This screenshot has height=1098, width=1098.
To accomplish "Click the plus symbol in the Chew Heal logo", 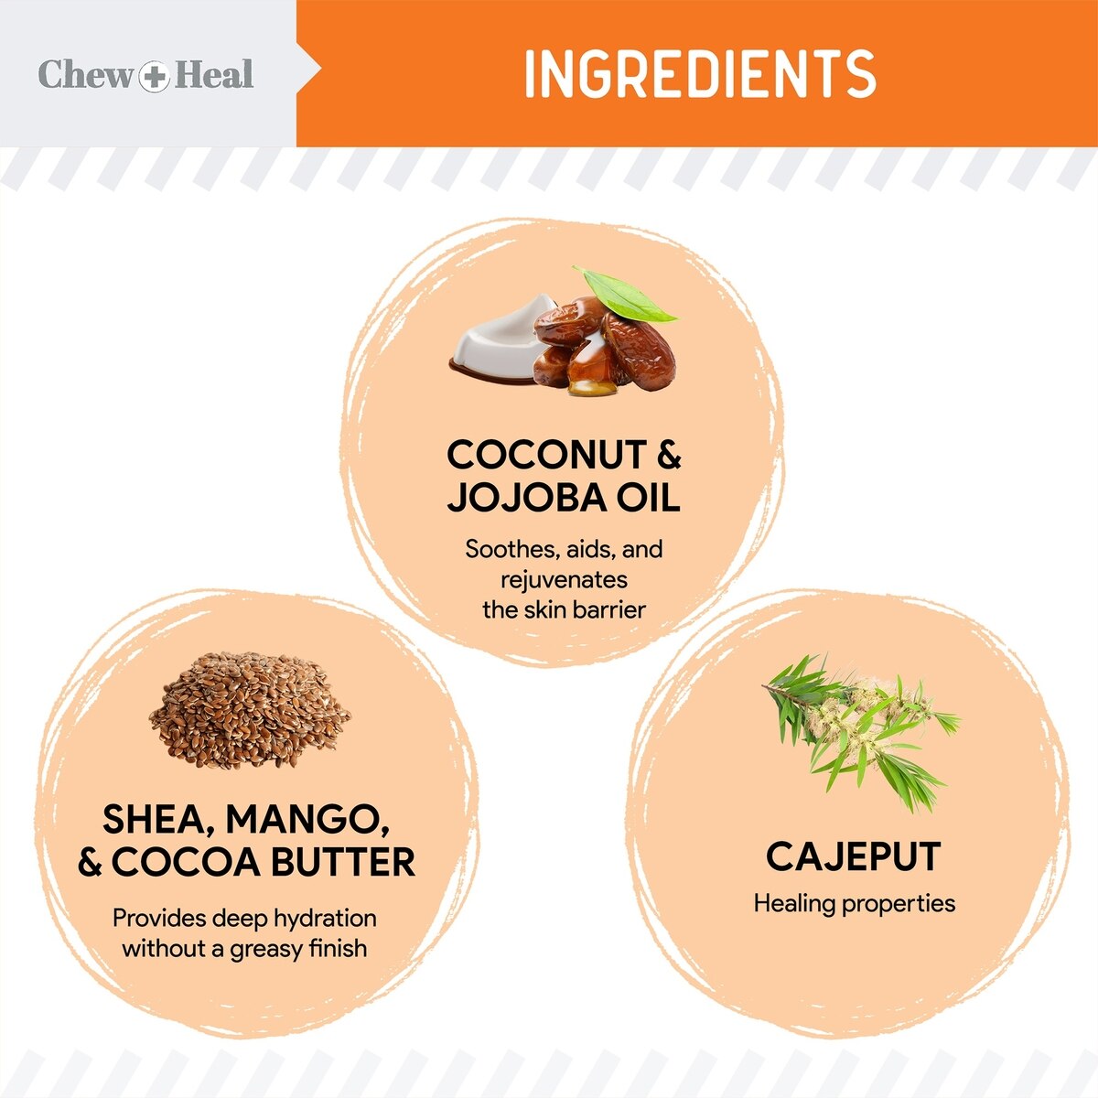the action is click(154, 76).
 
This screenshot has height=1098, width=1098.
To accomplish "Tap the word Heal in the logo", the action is click(214, 74).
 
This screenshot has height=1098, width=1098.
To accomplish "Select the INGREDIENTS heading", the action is click(700, 73).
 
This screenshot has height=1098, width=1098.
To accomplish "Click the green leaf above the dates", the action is click(625, 296).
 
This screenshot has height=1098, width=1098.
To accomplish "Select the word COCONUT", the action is click(546, 455).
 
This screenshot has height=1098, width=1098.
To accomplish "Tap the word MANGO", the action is click(307, 820).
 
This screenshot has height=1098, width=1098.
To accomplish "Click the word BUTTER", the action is click(343, 862).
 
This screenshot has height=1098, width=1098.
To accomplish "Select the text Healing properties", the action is click(854, 904).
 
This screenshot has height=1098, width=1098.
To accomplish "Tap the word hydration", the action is click(326, 918).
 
